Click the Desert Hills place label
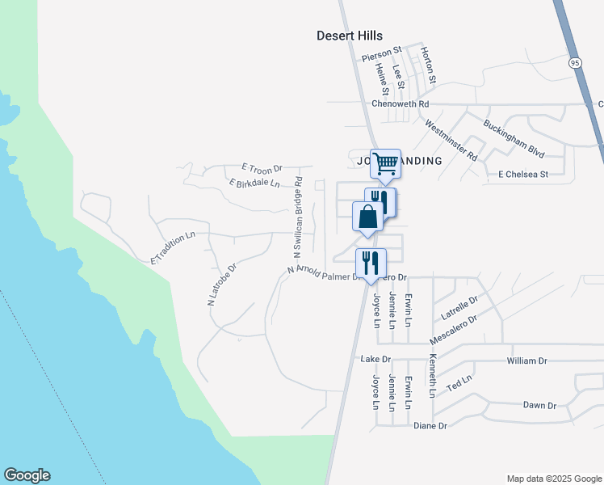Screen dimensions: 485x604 (x=349, y=36)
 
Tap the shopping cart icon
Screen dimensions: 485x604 (x=385, y=163)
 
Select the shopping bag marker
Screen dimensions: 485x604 (x=367, y=217)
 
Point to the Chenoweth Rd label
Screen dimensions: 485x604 (x=400, y=104)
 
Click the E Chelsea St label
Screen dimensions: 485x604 (x=522, y=174)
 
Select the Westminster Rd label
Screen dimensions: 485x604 (x=451, y=139)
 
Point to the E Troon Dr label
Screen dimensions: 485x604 (x=262, y=168)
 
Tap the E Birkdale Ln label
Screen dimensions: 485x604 (x=254, y=183)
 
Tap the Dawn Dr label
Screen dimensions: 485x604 (x=539, y=405)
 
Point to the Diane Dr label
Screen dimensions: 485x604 (x=430, y=426)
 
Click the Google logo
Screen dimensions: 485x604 (x=27, y=475)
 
